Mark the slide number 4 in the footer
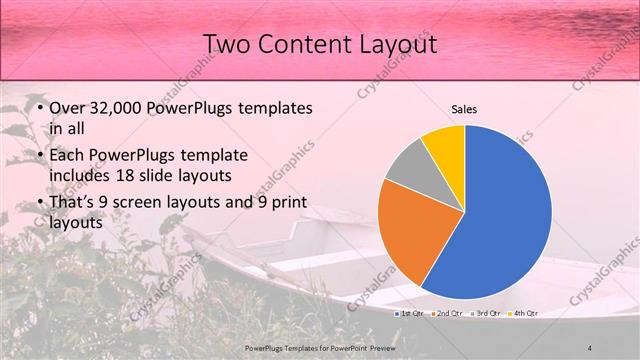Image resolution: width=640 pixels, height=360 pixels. click(x=590, y=347)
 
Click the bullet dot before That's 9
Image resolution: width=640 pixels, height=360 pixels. click(x=38, y=205)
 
